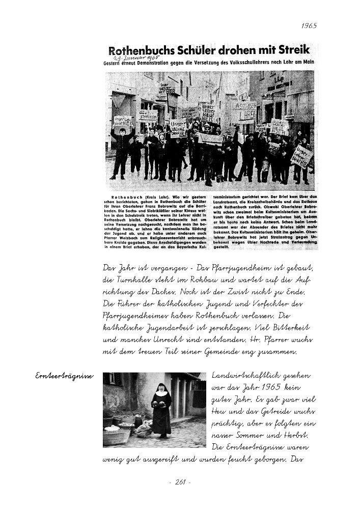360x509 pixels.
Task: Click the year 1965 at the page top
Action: tap(309, 25)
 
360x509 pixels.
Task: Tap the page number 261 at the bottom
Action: tap(179, 482)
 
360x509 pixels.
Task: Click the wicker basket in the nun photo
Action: tap(119, 435)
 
